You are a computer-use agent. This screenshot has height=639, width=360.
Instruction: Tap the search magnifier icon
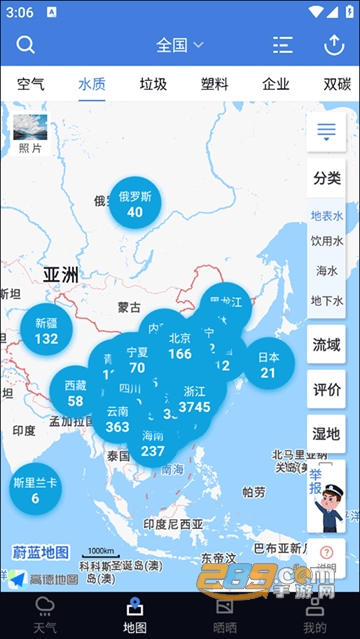(x=26, y=45)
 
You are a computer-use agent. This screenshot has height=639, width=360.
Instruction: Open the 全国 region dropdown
(x=180, y=45)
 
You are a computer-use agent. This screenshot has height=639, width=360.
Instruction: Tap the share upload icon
(x=334, y=45)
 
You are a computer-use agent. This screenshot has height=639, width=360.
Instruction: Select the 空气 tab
(x=31, y=84)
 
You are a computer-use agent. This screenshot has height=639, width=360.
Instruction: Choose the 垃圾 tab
(x=153, y=84)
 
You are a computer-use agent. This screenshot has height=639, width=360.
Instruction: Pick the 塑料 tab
(x=214, y=84)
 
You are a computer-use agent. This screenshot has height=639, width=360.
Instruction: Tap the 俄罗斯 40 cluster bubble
(x=135, y=204)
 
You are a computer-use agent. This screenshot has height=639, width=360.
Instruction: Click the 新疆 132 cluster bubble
(x=46, y=331)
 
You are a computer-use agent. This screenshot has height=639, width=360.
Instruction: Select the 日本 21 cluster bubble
(x=268, y=365)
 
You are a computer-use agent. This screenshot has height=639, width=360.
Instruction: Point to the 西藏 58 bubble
(x=75, y=393)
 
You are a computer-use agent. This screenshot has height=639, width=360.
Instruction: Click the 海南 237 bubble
(x=152, y=444)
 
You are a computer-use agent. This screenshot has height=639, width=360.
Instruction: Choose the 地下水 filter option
(x=327, y=300)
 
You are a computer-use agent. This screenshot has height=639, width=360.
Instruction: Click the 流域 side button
(x=327, y=345)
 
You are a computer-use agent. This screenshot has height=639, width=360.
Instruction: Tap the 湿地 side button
(x=327, y=434)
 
